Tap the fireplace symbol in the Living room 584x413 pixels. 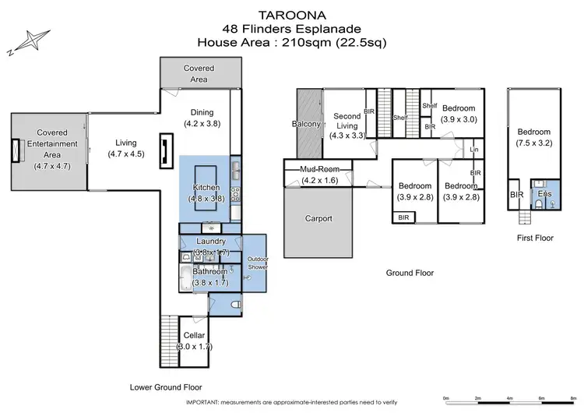[x=165, y=150]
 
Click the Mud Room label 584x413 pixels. [x=317, y=173]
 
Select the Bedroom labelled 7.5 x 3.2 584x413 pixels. [x=535, y=137]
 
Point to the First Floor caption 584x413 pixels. [x=534, y=238]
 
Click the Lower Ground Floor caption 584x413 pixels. [x=165, y=387]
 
